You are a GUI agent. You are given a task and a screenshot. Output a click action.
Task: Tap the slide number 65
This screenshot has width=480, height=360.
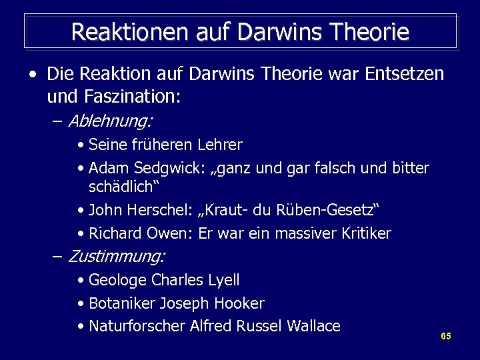click(446, 336)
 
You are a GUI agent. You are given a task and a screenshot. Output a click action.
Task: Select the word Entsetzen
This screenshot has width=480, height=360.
click(404, 74)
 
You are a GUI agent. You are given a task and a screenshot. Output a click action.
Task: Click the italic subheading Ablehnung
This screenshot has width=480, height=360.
click(110, 121)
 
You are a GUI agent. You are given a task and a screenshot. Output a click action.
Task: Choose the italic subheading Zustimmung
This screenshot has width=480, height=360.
click(117, 255)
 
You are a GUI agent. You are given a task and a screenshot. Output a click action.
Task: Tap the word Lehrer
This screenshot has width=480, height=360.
click(220, 144)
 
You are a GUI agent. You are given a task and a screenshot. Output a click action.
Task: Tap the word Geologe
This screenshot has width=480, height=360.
click(118, 280)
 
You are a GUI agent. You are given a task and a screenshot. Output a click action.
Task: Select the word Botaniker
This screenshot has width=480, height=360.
click(122, 303)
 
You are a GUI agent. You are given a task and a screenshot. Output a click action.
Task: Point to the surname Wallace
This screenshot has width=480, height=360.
click(313, 326)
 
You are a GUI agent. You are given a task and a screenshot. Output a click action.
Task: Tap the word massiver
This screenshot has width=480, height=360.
click(301, 233)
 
